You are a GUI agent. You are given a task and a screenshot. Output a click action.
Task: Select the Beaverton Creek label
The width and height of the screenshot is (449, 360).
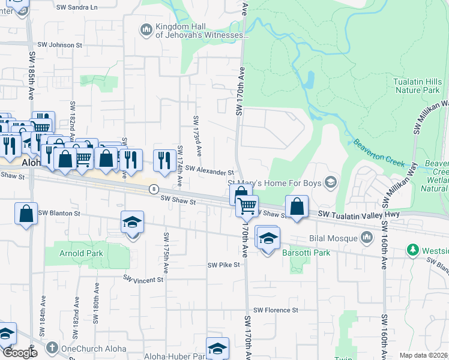point(378,152)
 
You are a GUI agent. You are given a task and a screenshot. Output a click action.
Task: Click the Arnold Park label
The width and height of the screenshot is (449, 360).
point(81,253)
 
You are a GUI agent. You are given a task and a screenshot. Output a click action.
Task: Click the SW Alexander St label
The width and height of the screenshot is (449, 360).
point(209,172)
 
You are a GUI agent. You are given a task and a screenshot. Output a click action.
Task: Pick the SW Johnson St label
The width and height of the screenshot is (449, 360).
point(59,45)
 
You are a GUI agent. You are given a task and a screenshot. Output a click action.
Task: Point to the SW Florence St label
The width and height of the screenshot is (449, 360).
point(276,310)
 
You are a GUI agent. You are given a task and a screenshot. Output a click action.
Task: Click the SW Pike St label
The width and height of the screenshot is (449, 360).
point(223,265)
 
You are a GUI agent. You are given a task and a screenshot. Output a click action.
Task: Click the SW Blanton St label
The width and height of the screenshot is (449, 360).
point(59,213)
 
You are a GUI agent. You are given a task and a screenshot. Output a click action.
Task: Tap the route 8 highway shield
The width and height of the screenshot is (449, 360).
point(154,188)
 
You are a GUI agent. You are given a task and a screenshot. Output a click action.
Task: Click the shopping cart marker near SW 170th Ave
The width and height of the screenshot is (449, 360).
point(247,206)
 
